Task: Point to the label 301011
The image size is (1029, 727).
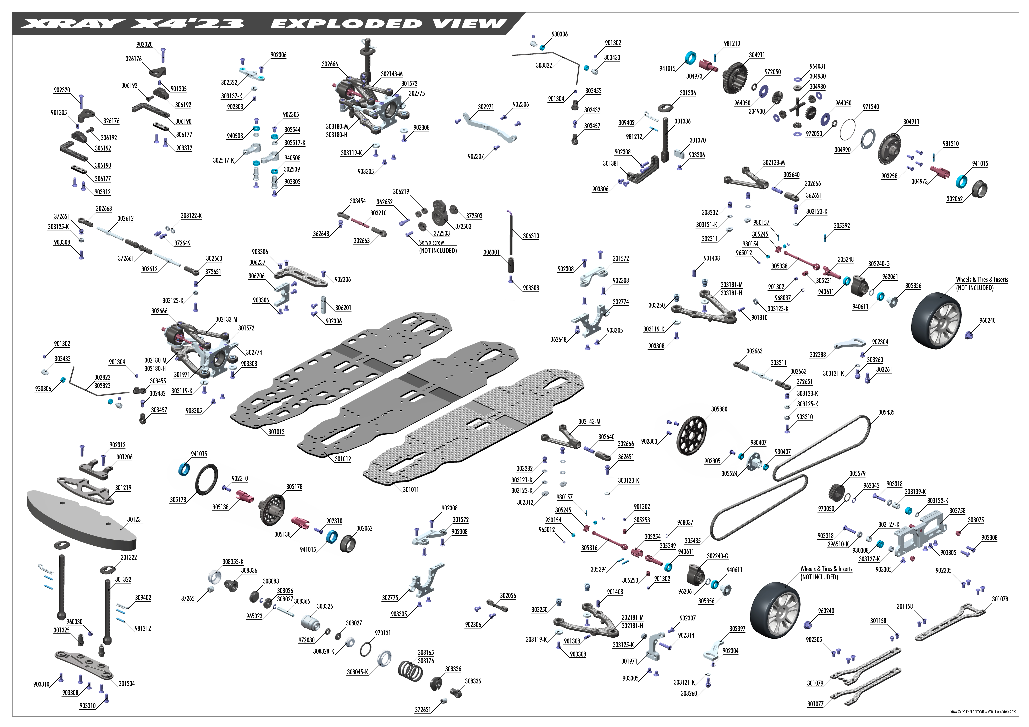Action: click(x=411, y=490)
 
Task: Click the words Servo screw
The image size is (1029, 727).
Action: click(x=432, y=242)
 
